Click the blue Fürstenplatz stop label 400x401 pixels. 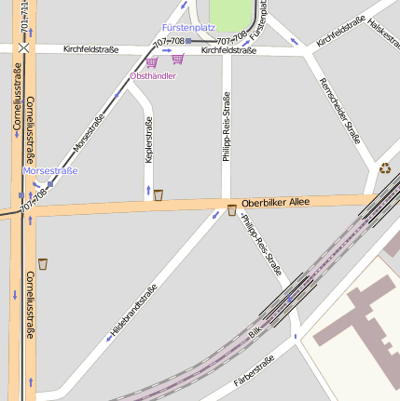coord(188,29)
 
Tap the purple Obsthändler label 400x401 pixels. coord(153,75)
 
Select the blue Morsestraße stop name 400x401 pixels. coord(49,171)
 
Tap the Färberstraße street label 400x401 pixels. coord(254,369)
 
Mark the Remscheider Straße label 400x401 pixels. coord(339,110)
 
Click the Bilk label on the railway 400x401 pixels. coord(255,331)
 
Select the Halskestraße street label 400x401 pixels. coord(382,33)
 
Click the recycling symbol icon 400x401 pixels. coord(384,169)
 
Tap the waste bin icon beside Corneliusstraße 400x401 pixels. coord(43,264)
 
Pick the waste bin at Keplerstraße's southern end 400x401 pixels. coord(159,194)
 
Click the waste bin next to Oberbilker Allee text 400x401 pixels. coord(231,210)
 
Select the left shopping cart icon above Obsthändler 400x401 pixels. coord(151,62)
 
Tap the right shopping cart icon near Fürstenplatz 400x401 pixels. coord(177,59)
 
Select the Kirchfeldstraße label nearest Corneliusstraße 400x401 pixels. coord(90,49)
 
